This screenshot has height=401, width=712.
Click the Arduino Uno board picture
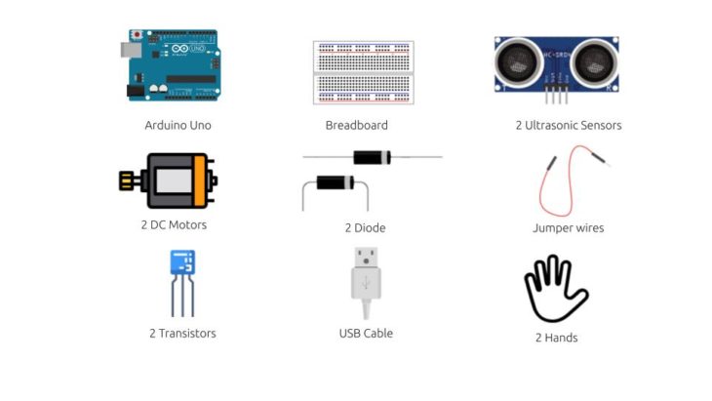172,65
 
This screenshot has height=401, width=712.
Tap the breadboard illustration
363,72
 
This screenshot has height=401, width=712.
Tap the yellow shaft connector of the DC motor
127,180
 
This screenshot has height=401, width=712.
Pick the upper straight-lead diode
373,156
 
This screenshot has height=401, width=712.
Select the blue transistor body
181,261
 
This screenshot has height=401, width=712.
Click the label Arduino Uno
178,125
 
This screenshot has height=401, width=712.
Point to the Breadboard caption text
356,125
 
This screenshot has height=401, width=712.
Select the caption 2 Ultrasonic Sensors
569,125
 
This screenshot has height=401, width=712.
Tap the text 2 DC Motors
174,225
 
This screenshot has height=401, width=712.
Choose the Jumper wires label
568,228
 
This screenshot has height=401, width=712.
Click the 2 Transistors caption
182,333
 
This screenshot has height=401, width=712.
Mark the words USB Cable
366,333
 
